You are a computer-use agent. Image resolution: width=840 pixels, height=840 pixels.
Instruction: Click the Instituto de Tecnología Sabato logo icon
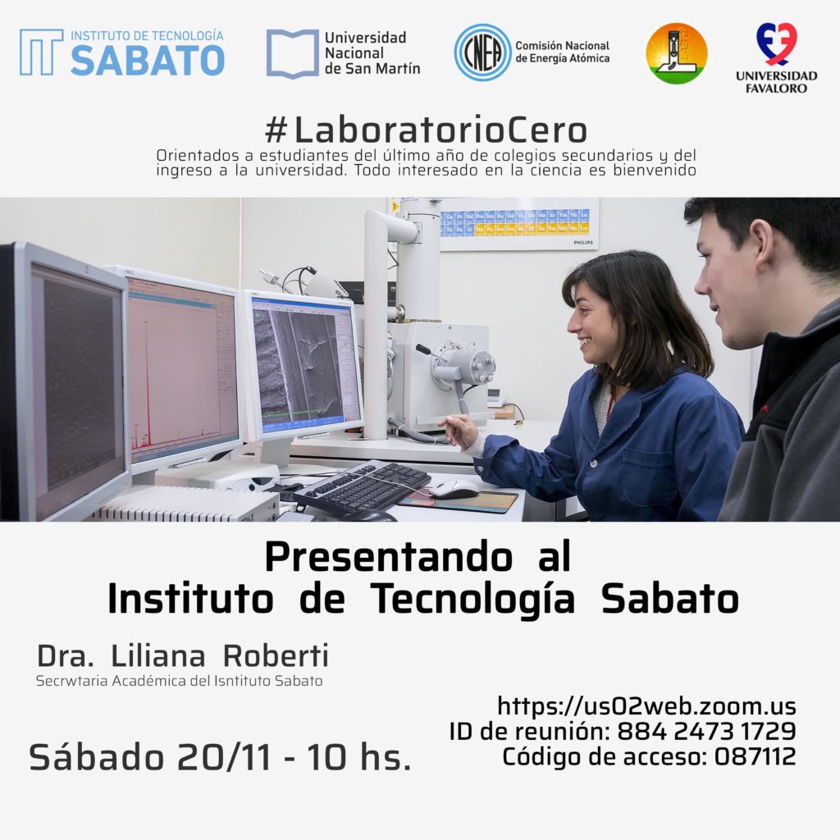(x=41, y=52)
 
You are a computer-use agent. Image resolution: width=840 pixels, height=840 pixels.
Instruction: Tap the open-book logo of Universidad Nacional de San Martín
(x=293, y=53)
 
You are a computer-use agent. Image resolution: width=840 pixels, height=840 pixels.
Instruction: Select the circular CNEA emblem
(x=482, y=52)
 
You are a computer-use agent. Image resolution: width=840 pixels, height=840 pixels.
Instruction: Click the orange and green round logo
(x=677, y=53)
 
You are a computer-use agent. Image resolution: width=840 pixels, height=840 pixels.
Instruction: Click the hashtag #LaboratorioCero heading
(x=427, y=130)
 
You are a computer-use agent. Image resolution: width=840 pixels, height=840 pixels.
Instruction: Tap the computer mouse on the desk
(x=454, y=489)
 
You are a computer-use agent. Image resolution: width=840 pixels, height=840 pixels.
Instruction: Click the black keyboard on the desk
(x=362, y=486)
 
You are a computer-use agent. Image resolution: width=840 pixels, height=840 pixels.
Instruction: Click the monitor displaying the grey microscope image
(x=302, y=367)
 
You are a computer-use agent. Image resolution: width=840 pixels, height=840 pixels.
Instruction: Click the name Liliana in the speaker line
(x=158, y=655)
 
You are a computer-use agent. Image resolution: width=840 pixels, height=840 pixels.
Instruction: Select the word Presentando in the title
(x=388, y=557)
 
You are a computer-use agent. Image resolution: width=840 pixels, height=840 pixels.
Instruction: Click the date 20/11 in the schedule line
(x=225, y=757)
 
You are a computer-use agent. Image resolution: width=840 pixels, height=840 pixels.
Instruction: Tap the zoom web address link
(x=646, y=706)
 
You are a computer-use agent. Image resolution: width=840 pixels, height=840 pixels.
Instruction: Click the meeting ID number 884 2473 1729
(x=706, y=731)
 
